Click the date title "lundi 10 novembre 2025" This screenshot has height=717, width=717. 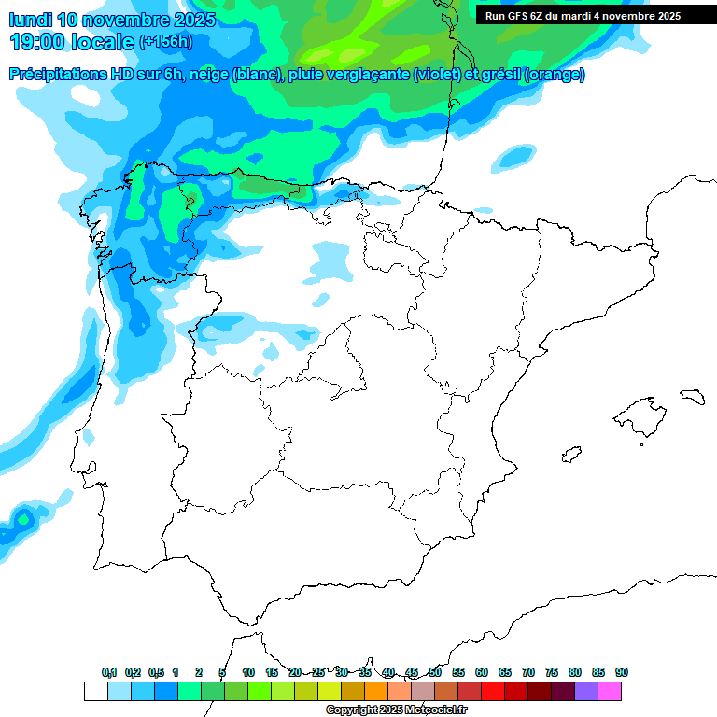click(112, 20)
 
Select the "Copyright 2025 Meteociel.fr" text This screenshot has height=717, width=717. click(397, 710)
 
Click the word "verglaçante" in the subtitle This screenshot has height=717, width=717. click(369, 75)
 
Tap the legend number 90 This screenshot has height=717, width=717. click(622, 673)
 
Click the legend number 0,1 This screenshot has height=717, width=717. click(109, 673)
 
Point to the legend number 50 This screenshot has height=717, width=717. click(435, 673)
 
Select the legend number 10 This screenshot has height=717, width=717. click(248, 673)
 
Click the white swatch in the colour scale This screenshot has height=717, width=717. click(95, 691)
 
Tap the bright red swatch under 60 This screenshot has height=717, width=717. click(493, 691)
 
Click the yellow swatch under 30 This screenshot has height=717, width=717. click(330, 691)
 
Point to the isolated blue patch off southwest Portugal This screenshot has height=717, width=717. click(21, 518)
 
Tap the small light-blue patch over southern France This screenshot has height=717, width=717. click(513, 156)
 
